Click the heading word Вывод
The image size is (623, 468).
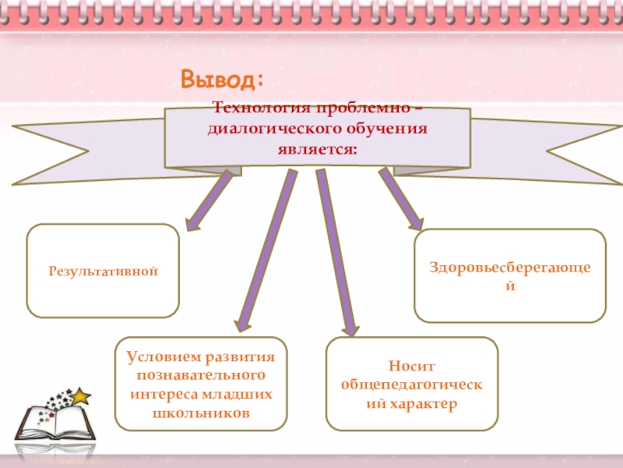(222, 79)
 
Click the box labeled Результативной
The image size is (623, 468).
(103, 271)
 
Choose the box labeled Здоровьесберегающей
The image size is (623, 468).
(509, 275)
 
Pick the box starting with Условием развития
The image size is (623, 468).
(201, 385)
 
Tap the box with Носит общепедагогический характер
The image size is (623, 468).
(411, 384)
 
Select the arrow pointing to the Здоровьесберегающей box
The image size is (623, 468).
(400, 199)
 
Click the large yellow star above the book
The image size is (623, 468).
(80, 396)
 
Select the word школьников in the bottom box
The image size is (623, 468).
(201, 413)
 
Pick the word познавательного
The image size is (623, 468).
(201, 375)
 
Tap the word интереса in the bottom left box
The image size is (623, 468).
(167, 394)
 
